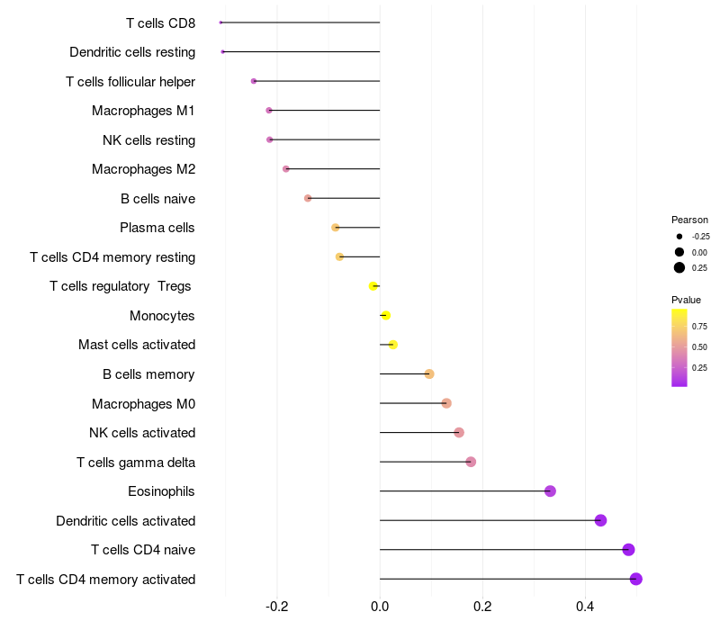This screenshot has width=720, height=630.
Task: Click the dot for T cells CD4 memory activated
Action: (x=636, y=579)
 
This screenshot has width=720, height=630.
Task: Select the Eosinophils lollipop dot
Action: (x=550, y=491)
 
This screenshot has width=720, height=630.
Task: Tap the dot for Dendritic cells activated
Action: (x=600, y=520)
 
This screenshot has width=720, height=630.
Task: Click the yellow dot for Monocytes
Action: (x=386, y=315)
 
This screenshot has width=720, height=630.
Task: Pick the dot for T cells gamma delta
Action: (x=471, y=462)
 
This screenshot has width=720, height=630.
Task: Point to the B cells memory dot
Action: (x=429, y=373)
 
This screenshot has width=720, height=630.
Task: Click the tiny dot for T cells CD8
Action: (x=220, y=22)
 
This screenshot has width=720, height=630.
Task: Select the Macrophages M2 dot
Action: (x=286, y=169)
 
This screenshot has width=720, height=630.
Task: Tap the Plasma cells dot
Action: (x=336, y=228)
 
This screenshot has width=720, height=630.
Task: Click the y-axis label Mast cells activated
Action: (x=137, y=345)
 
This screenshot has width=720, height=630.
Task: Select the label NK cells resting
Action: (x=148, y=139)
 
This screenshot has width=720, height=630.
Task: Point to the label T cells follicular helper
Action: (x=130, y=81)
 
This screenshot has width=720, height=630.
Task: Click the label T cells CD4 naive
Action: (x=143, y=550)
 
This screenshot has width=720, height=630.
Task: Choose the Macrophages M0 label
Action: (x=143, y=403)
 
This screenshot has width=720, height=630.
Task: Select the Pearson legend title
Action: (x=689, y=220)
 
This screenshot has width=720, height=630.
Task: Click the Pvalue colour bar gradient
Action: (x=679, y=347)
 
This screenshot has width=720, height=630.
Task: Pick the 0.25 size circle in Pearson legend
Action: (x=679, y=267)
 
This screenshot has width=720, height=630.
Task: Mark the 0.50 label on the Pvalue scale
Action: (x=699, y=346)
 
